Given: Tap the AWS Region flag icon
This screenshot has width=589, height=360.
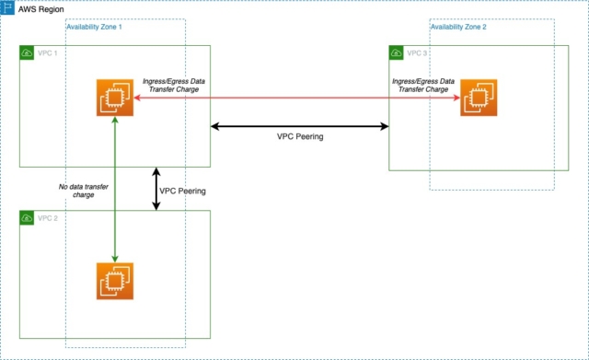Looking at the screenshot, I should (x=8, y=8).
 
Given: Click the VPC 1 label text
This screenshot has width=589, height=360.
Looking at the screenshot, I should (x=49, y=54).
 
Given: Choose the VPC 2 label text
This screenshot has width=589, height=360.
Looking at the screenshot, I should (x=49, y=218).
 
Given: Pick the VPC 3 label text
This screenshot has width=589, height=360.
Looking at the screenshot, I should (x=418, y=53).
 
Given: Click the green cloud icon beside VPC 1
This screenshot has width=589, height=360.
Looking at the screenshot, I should (x=28, y=54).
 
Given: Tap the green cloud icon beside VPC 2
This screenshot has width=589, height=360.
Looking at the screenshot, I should (x=28, y=218).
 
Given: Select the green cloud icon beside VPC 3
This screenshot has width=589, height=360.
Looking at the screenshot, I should (x=397, y=53).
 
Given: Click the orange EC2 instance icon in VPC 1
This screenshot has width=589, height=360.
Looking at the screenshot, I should (x=115, y=98).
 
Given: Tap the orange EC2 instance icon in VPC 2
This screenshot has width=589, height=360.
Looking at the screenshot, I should (x=115, y=281).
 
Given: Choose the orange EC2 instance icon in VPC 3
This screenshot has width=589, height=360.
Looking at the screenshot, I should (x=479, y=98).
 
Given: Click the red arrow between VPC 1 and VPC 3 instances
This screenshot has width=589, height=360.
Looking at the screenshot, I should (x=294, y=98).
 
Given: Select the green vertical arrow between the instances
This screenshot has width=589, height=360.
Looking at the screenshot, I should (x=115, y=189).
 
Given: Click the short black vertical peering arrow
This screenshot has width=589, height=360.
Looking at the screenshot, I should (x=156, y=189).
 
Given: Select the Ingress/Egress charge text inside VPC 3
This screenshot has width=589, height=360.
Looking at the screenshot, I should (x=424, y=86).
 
